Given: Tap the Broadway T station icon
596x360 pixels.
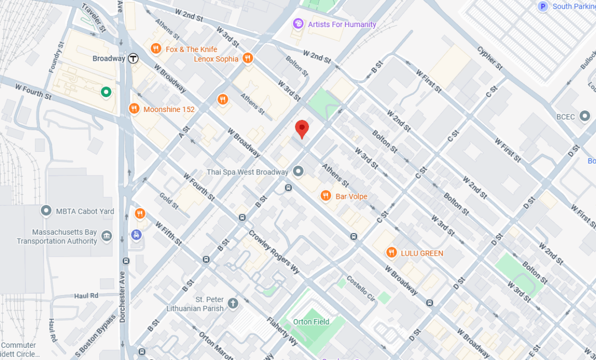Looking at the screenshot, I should tap(133, 59).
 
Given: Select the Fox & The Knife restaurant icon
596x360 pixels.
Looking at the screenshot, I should tap(156, 49).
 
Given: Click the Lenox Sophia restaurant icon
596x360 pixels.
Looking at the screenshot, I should tap(248, 59).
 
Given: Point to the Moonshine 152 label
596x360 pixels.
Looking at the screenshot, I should tap(169, 109).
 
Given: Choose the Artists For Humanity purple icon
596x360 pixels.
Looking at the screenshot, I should tap(298, 24).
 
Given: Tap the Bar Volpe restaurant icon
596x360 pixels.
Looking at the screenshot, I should tap(326, 196).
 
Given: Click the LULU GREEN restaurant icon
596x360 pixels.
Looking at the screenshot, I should tap(391, 253).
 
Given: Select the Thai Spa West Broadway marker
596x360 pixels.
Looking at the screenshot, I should tap(299, 172).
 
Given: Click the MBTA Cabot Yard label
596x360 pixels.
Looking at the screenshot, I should tap(85, 211).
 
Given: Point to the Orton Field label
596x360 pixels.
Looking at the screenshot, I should tap(311, 321).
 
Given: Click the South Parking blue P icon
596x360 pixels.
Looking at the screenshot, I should tap(543, 7).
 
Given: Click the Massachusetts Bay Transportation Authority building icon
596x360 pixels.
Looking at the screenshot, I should tap(107, 236).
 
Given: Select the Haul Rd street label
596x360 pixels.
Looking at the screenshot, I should tap(86, 296).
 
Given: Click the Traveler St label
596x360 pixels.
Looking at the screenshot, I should tap(94, 17).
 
